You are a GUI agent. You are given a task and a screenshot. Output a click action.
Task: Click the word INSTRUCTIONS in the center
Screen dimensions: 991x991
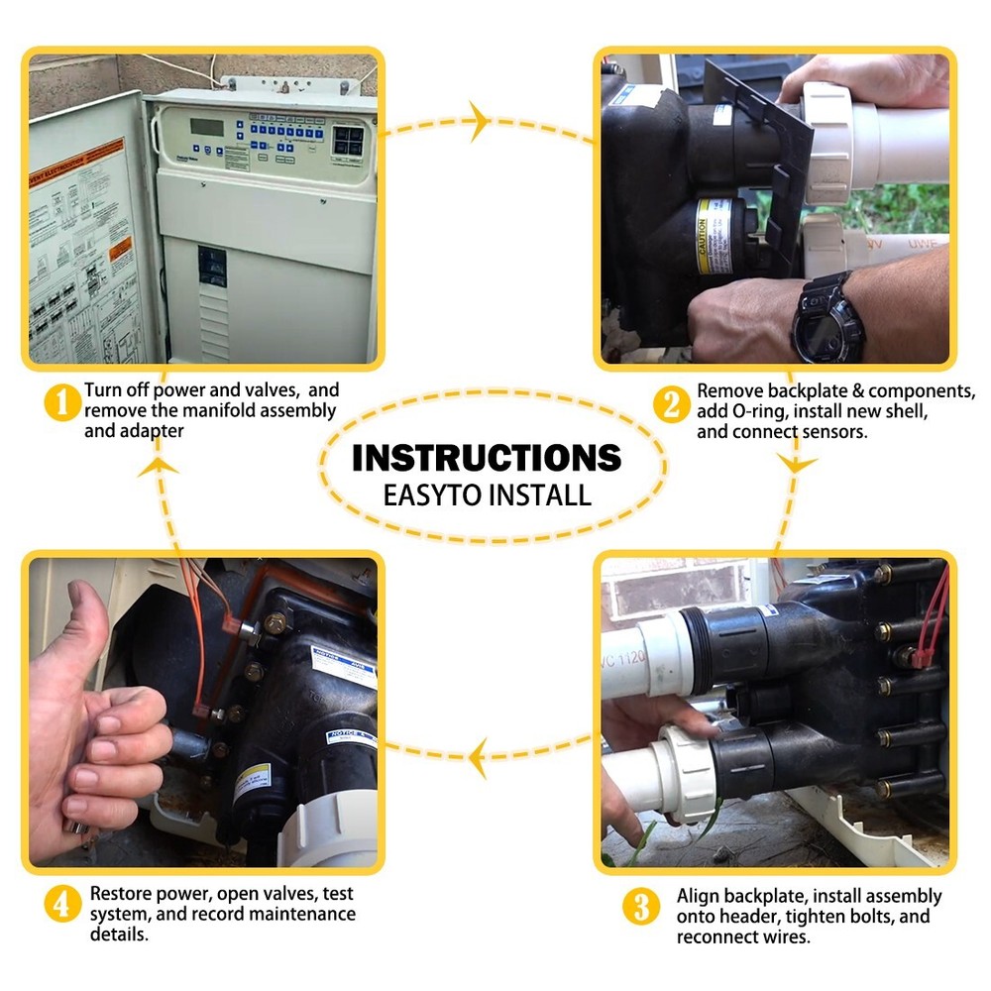[x=487, y=458]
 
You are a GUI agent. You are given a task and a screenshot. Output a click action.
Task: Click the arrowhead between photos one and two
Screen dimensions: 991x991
[x=478, y=123]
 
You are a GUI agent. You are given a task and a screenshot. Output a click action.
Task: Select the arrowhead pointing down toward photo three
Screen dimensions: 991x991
[x=796, y=464]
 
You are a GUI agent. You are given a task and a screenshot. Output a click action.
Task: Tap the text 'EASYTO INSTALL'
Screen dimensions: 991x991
[x=487, y=495]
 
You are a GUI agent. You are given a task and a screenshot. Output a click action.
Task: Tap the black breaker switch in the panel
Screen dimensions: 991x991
[x=212, y=268]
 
